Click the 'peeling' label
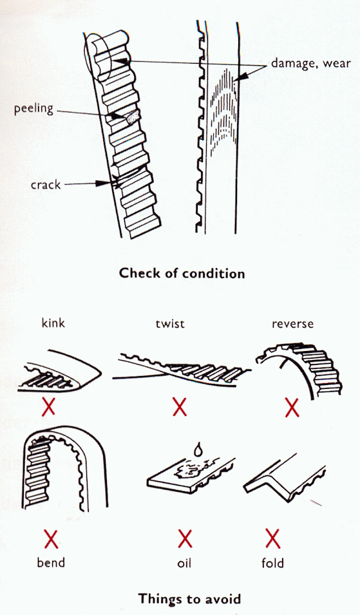coord(33,108)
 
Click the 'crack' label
coord(45,185)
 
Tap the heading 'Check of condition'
coord(182,273)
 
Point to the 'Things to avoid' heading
coord(189,599)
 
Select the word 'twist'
coord(170,323)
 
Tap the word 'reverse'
coord(292,323)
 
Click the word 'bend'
coord(50,562)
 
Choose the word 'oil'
coord(184,562)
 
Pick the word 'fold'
coord(272,562)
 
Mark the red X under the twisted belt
coord(179,406)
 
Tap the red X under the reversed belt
coord(292,407)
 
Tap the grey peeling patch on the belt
coord(131,117)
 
